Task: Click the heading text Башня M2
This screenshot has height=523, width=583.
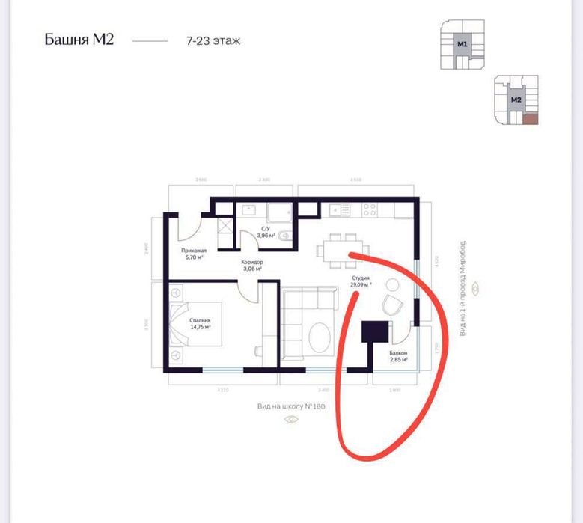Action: tap(79, 39)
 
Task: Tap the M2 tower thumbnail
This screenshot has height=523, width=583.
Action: tap(516, 100)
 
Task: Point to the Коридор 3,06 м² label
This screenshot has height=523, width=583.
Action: tap(251, 267)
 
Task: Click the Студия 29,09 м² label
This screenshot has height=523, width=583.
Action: tap(361, 281)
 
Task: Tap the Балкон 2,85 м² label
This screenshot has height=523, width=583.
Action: tap(398, 356)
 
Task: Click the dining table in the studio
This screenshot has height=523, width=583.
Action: tap(341, 248)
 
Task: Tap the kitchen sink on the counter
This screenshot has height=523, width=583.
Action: tap(339, 211)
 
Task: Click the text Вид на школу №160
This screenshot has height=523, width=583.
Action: tap(291, 406)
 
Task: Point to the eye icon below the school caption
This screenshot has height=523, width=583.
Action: tap(291, 419)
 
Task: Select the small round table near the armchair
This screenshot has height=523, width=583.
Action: tap(392, 284)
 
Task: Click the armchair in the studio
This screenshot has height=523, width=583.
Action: tap(391, 305)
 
